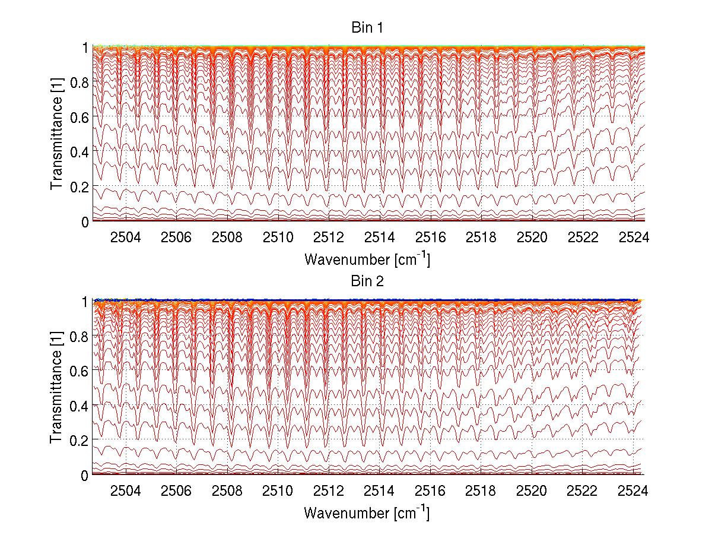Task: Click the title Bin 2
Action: [x=367, y=281]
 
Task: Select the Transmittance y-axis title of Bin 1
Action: [x=56, y=134]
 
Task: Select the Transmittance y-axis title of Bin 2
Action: [x=56, y=388]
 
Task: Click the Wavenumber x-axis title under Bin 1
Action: [x=367, y=259]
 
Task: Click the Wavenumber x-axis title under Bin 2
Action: [x=367, y=512]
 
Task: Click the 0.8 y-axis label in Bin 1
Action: [x=79, y=83]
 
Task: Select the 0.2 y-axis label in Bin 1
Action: [x=79, y=187]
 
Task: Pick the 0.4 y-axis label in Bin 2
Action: [x=79, y=406]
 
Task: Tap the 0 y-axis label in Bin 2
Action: [x=84, y=475]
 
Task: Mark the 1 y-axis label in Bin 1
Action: [x=84, y=48]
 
